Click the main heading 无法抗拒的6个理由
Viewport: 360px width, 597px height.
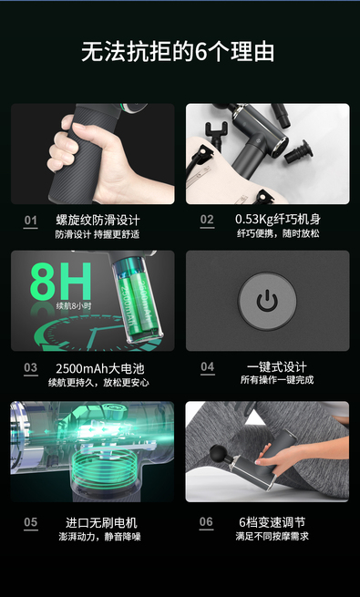pyautogui.click(x=178, y=52)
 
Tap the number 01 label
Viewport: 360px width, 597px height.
pyautogui.click(x=30, y=220)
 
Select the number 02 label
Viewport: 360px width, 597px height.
pyautogui.click(x=207, y=220)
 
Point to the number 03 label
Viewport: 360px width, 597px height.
pyautogui.click(x=30, y=367)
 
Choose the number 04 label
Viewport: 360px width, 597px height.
pyautogui.click(x=208, y=366)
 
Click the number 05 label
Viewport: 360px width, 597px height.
pyautogui.click(x=30, y=522)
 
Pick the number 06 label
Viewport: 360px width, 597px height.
pyautogui.click(x=206, y=521)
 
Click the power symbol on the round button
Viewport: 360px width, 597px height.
pyautogui.click(x=267, y=301)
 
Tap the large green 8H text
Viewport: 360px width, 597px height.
pyautogui.click(x=61, y=282)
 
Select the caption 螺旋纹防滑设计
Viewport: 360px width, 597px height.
pyautogui.click(x=98, y=220)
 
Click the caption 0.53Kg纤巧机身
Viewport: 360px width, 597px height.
pyautogui.click(x=278, y=220)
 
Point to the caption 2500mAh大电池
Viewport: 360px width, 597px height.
pyautogui.click(x=100, y=368)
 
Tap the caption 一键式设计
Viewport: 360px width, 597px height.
pyautogui.click(x=277, y=367)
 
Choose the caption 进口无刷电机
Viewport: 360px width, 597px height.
pyautogui.click(x=101, y=522)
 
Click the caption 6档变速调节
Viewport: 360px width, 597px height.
pyautogui.click(x=273, y=522)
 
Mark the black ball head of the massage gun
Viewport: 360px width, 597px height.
pyautogui.click(x=220, y=454)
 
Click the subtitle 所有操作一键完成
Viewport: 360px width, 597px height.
pyautogui.click(x=277, y=380)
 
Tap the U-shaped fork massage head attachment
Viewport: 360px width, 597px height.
pyautogui.click(x=216, y=132)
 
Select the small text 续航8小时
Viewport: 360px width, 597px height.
pyautogui.click(x=74, y=305)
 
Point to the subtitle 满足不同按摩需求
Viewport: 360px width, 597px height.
pyautogui.click(x=273, y=536)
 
